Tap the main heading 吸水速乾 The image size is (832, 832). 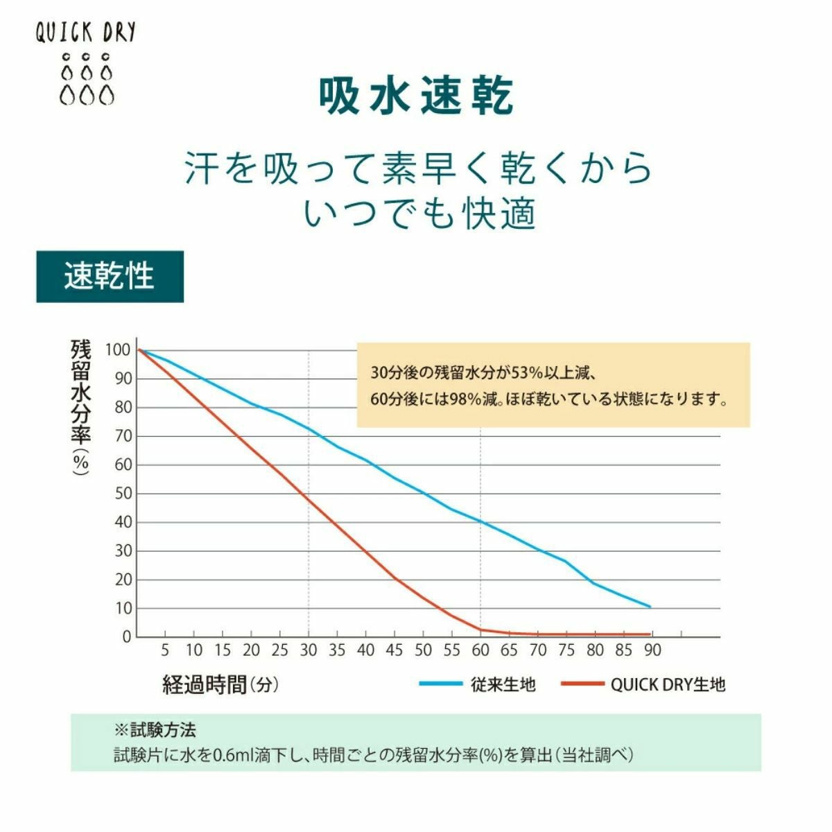(416, 96)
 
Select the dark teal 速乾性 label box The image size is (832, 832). (110, 277)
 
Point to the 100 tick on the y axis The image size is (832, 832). (118, 349)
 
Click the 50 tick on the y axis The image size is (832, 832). (123, 494)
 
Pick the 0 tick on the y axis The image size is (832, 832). (127, 636)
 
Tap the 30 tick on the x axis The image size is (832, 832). (309, 650)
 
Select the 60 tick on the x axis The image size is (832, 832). (480, 650)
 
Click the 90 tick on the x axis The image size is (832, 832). (652, 650)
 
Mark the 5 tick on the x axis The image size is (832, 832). (165, 650)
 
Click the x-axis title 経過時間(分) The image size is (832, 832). (220, 685)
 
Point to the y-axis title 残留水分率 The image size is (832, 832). (80, 406)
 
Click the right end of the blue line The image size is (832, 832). (650, 607)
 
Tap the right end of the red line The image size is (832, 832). (650, 634)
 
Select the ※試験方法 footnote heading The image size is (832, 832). (155, 730)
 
